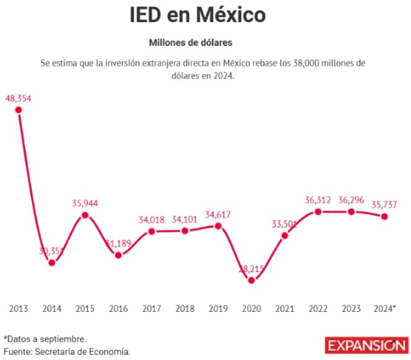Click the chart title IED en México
(x=197, y=15)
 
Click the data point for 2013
(x=18, y=110)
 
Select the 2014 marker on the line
(x=52, y=262)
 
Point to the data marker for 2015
(x=85, y=215)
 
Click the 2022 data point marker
(x=318, y=212)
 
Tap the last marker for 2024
(x=384, y=216)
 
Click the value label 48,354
(x=18, y=98)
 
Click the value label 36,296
(x=351, y=200)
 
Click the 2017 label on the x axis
(x=151, y=308)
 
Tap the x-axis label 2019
(x=218, y=308)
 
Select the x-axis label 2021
(x=285, y=308)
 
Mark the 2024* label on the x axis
(x=385, y=308)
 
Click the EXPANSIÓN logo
(x=366, y=345)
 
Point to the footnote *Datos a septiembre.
(x=45, y=339)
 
